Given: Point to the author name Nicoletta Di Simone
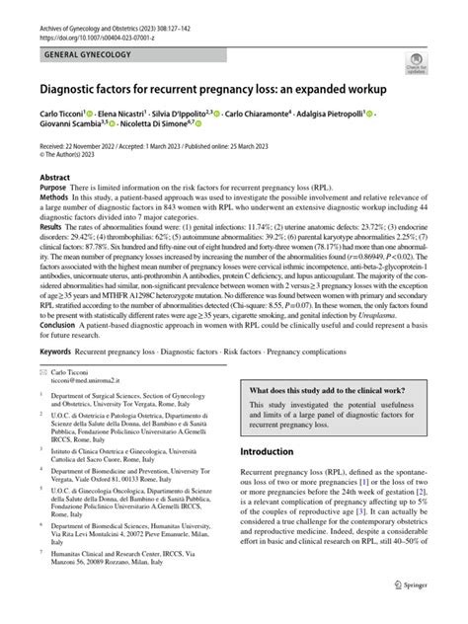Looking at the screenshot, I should pos(164,126).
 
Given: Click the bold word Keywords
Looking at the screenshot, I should pos(57,351).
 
